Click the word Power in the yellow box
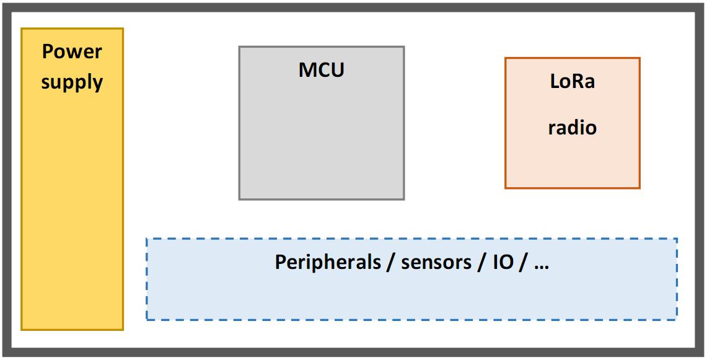72,51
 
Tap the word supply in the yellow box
72,83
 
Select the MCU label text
322,70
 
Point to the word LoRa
572,82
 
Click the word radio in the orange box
572,128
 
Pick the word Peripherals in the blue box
328,262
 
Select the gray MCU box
322,123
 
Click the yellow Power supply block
72,179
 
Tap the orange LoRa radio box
572,123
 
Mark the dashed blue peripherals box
411,279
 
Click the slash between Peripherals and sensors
391,263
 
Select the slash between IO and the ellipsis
523,263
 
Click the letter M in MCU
307,70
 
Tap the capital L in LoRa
555,82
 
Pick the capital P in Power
47,51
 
